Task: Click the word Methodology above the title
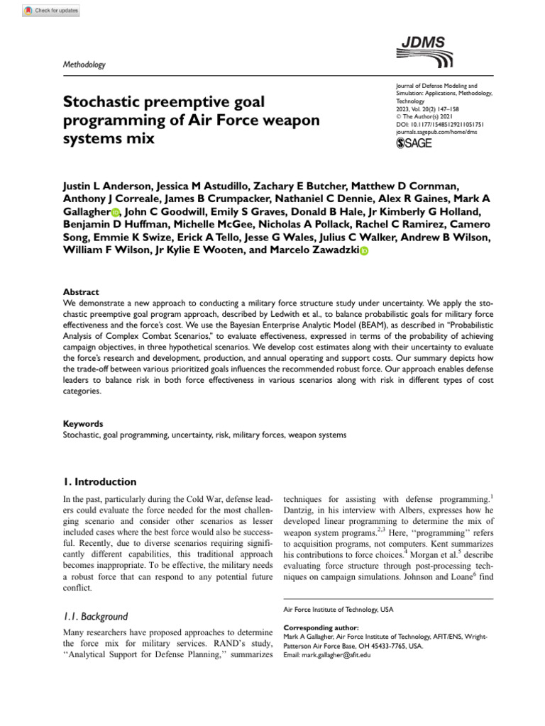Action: (x=84, y=65)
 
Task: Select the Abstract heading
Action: (x=81, y=292)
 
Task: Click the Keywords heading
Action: (x=83, y=423)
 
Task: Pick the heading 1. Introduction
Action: (x=100, y=482)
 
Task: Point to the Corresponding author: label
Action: (x=321, y=628)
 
